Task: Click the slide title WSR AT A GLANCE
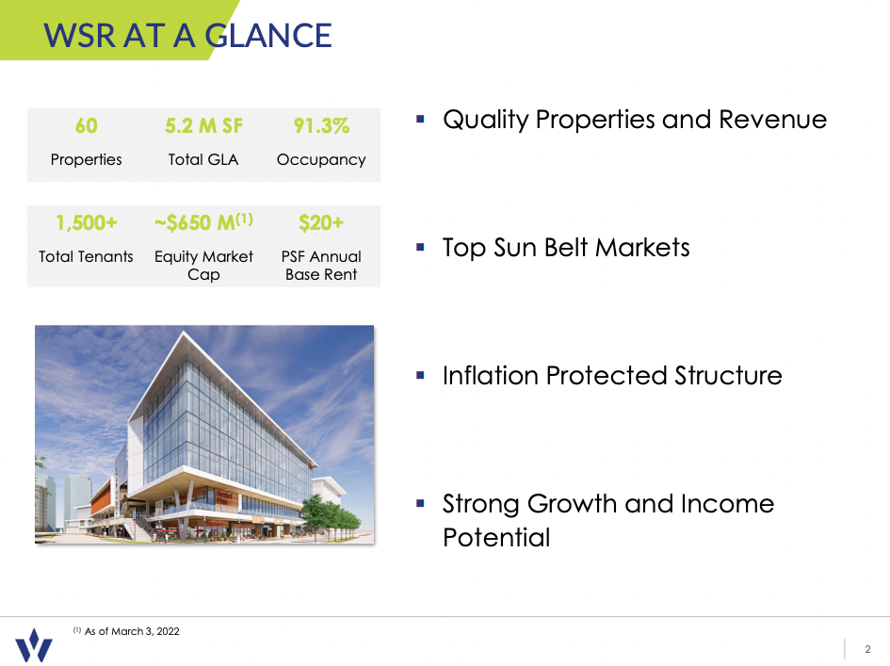[187, 35]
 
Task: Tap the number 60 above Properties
[86, 126]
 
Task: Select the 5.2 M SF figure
[203, 126]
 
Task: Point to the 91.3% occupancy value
[321, 126]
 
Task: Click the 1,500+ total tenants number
[86, 223]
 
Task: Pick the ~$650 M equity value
[203, 223]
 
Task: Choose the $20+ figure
[321, 223]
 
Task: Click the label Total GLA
[203, 160]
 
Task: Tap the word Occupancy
[321, 160]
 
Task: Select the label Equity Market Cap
[203, 266]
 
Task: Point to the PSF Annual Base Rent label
[321, 266]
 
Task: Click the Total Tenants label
[86, 256]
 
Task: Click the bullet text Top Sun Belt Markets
[566, 248]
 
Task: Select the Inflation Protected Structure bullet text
[612, 376]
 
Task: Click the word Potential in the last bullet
[496, 538]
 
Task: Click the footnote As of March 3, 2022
[132, 631]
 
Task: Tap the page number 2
[867, 648]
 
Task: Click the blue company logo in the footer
[34, 645]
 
